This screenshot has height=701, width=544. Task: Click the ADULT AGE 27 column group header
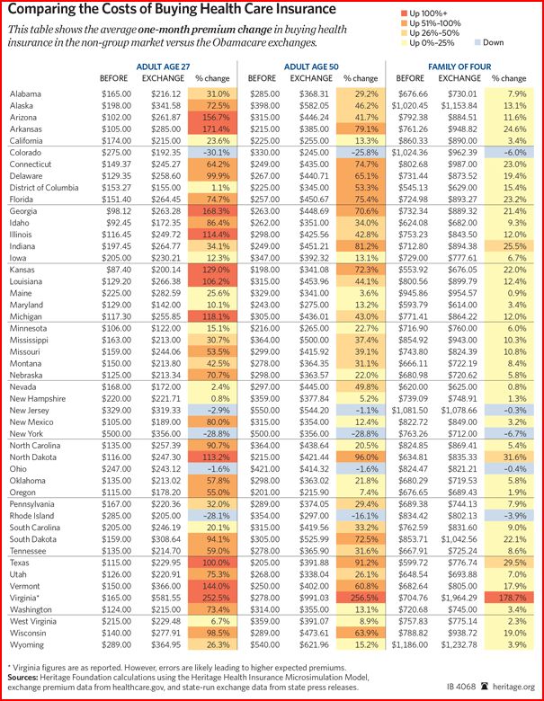(x=158, y=67)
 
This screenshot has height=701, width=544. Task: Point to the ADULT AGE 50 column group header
(x=306, y=67)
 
